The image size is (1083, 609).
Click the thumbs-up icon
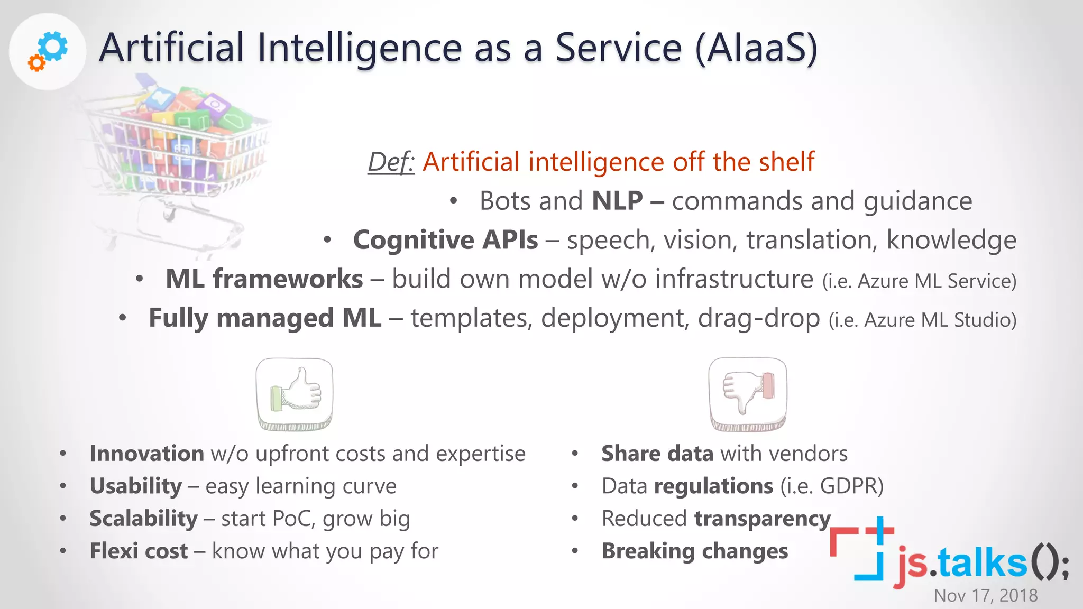point(295,394)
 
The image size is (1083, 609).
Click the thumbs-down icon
point(747,394)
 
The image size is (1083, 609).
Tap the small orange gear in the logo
point(36,63)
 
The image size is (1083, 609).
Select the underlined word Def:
point(391,162)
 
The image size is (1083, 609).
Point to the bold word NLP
point(617,201)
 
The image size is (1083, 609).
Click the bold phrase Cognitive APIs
point(445,240)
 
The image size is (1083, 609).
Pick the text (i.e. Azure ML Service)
point(919,281)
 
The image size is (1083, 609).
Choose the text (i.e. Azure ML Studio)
point(922,320)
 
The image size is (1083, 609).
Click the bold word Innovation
point(146,454)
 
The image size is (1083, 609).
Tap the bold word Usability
point(135,486)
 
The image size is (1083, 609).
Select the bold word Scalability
point(143,519)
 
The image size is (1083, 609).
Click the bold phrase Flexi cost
point(139,551)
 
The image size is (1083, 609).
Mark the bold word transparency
point(762,519)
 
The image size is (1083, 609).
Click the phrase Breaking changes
point(695,551)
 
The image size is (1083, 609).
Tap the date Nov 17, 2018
point(985,595)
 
